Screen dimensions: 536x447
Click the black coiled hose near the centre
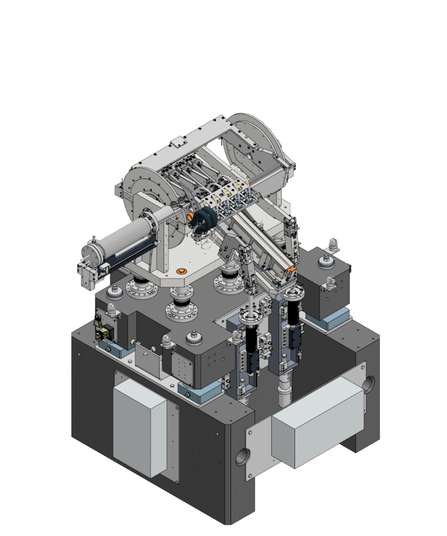pyautogui.click(x=202, y=222)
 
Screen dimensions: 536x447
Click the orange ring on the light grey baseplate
pyautogui.click(x=182, y=271)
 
